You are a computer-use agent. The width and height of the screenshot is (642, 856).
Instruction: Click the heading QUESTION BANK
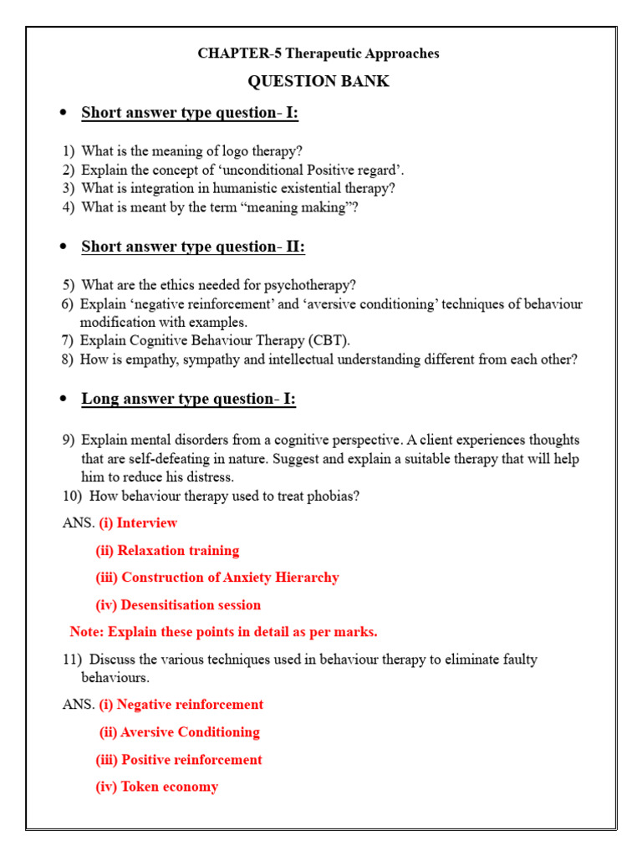coord(318,81)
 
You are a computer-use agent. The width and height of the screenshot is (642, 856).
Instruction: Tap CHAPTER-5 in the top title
coord(228,53)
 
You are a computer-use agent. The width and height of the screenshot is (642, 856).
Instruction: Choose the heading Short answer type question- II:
coord(192,247)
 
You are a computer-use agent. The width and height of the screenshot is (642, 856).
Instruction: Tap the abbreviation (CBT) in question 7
coord(328,340)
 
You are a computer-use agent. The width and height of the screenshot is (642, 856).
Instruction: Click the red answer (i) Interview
coord(138,523)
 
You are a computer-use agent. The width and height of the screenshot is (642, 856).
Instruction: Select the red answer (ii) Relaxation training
coord(167,551)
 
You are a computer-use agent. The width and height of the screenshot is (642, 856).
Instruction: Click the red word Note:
coord(87,632)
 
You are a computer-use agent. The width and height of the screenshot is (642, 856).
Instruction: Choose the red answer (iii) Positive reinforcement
coord(178,760)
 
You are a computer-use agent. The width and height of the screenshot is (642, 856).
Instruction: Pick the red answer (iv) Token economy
coord(156,787)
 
